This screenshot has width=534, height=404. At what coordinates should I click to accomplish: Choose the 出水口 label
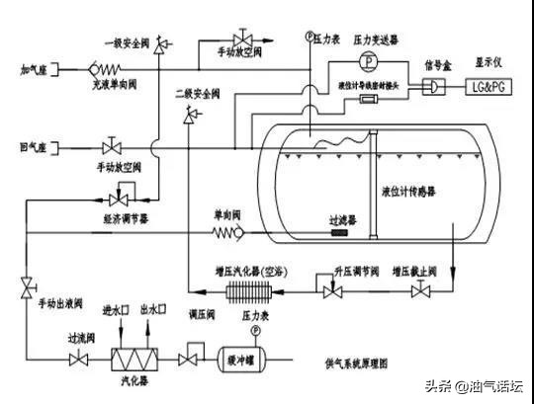tap(151, 310)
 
